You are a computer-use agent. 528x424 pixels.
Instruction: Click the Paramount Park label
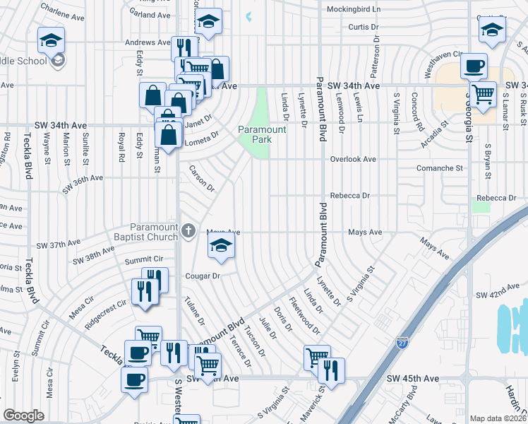[262, 134]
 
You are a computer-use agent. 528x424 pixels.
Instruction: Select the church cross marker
[188, 230]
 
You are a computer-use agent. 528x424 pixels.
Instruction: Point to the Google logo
[23, 416]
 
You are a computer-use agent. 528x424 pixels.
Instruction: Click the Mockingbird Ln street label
[354, 10]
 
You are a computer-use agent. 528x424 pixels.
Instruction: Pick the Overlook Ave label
[354, 159]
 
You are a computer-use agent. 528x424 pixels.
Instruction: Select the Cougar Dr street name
[203, 276]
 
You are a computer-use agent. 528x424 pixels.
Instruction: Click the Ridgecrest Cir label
[105, 309]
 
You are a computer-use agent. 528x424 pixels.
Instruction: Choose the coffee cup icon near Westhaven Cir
[474, 66]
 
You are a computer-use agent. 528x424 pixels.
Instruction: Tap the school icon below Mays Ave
[221, 246]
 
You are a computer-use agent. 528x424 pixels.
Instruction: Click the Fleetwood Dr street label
[304, 319]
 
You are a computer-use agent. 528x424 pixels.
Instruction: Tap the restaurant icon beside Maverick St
[331, 369]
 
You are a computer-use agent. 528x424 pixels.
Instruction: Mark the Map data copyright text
[498, 418]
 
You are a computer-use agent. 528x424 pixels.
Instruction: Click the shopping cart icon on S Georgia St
[484, 93]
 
